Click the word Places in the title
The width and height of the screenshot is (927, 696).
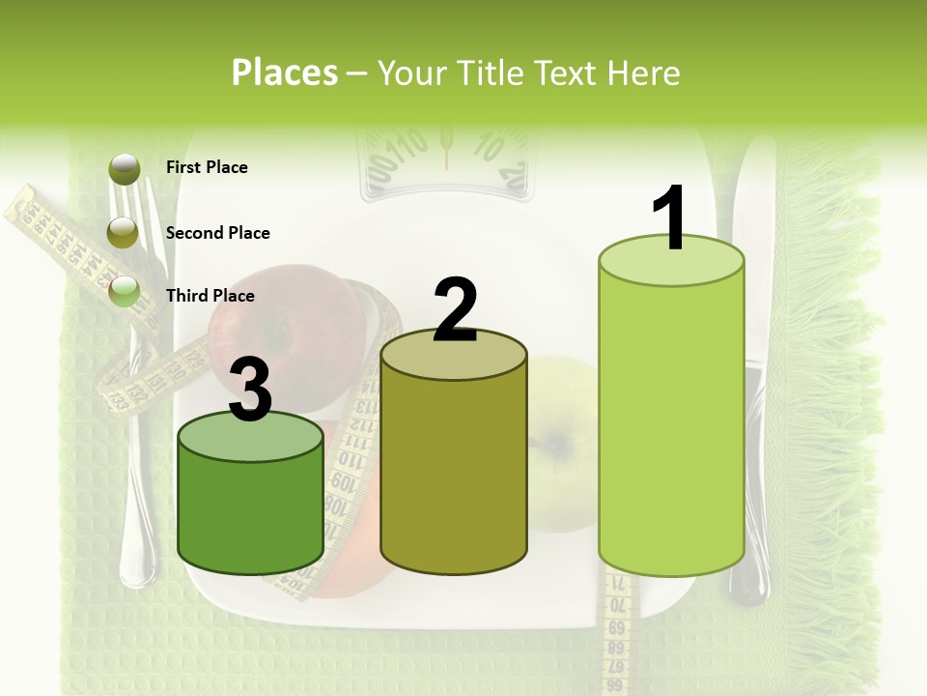pos(285,72)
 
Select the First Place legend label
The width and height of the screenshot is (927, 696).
pos(207,167)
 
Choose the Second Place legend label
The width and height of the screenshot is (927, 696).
pos(217,233)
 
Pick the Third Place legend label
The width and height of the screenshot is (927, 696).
pos(210,296)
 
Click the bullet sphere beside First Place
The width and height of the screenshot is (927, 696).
pos(125,169)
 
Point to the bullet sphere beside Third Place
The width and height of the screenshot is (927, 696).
pos(125,292)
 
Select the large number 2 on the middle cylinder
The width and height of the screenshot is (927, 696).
pos(455,310)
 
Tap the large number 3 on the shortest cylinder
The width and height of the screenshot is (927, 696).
pos(250,391)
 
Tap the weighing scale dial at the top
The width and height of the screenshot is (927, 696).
pos(445,159)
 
